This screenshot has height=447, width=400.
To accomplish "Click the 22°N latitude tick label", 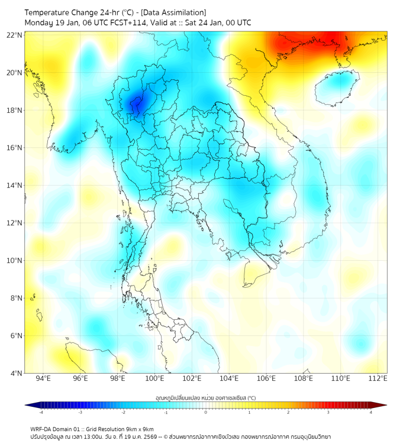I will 15,35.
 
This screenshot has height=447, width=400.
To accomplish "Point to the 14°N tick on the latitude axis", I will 15,185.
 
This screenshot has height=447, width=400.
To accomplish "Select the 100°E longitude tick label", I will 154,378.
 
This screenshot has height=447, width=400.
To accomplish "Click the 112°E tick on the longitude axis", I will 378,378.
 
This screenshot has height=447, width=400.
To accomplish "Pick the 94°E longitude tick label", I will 43,378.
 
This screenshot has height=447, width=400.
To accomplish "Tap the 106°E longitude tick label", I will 266,378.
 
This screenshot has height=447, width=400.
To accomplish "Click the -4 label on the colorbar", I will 40,412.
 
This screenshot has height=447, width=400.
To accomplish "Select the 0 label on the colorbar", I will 206,412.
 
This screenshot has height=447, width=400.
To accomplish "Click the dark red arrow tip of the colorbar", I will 383,405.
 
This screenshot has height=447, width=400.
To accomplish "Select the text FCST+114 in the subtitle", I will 127,22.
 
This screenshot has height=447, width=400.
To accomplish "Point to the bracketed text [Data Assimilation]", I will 172,12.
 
